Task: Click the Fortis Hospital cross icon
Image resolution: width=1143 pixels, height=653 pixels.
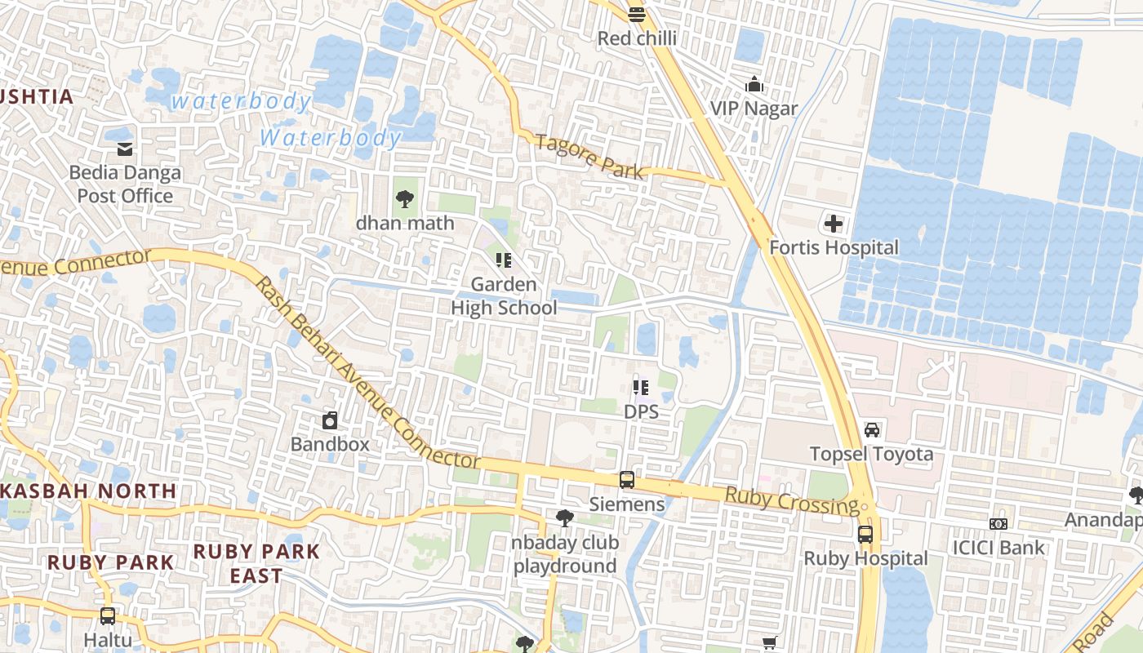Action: pyautogui.click(x=833, y=224)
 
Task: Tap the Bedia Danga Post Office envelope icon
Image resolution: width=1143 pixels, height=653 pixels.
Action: pyautogui.click(x=125, y=149)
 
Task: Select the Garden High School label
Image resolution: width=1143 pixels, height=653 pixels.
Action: pyautogui.click(x=505, y=296)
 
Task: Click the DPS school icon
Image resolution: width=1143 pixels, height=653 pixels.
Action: pyautogui.click(x=641, y=387)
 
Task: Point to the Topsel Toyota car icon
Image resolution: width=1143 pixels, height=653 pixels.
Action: pyautogui.click(x=871, y=429)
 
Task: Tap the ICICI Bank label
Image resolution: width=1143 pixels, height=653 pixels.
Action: pyautogui.click(x=998, y=547)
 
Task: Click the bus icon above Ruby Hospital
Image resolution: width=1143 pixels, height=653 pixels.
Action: pyautogui.click(x=865, y=535)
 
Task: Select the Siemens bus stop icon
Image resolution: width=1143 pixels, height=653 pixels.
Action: pyautogui.click(x=626, y=480)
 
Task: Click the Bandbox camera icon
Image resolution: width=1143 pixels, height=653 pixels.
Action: pyautogui.click(x=330, y=420)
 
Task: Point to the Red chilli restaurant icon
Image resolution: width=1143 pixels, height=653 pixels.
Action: pyautogui.click(x=637, y=14)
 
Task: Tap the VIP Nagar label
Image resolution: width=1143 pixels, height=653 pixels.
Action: pyautogui.click(x=754, y=109)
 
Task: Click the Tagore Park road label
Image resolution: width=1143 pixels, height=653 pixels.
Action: pyautogui.click(x=589, y=155)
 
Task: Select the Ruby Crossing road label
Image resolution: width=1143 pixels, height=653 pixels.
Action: pyautogui.click(x=792, y=500)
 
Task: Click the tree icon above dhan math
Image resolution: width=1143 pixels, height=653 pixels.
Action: pyautogui.click(x=404, y=198)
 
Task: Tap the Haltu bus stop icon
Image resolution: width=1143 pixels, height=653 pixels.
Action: pyautogui.click(x=107, y=616)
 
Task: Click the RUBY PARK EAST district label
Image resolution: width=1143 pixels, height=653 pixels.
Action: pyautogui.click(x=256, y=563)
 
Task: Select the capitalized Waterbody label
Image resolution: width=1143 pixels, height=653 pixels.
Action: pyautogui.click(x=331, y=137)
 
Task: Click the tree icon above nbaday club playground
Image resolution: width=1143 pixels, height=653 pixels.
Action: pyautogui.click(x=564, y=518)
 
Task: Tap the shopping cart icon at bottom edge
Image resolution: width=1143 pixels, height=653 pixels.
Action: pyautogui.click(x=769, y=643)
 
